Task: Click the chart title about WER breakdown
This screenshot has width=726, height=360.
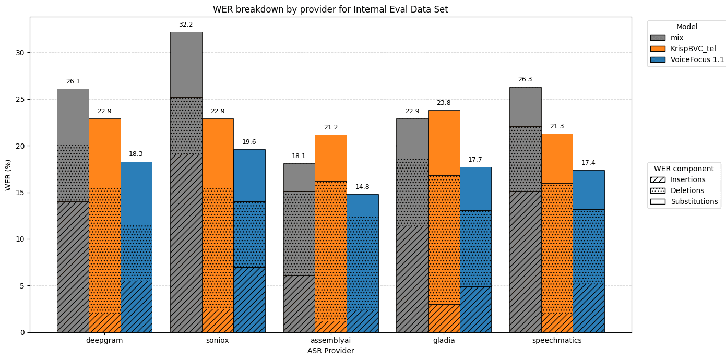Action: (x=330, y=9)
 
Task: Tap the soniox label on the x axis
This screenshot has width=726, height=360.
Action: (x=218, y=340)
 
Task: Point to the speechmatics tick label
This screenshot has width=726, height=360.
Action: (x=557, y=340)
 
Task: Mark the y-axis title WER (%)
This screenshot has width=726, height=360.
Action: (x=8, y=175)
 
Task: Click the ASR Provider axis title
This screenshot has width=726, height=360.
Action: (x=330, y=351)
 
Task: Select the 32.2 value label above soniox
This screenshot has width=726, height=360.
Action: (x=186, y=25)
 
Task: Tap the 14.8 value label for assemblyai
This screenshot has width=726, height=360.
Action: (x=362, y=187)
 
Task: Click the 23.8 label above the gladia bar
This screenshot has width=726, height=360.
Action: (x=444, y=103)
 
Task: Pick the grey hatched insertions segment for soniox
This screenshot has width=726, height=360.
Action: (x=186, y=243)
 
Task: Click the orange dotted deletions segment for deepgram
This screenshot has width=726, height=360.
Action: (x=104, y=250)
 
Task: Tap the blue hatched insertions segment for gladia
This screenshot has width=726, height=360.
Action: (x=475, y=309)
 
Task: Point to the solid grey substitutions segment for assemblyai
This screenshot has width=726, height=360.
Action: (x=299, y=177)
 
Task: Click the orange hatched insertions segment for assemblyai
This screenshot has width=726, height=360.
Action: (x=330, y=327)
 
